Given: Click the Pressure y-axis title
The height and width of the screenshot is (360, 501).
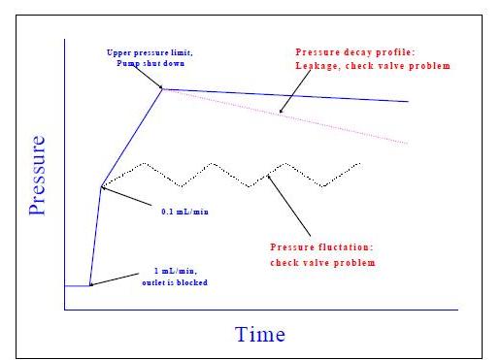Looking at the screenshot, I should (37, 175).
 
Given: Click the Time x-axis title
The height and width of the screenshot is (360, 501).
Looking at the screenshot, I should (260, 335).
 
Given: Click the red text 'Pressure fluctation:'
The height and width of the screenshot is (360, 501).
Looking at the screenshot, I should (316, 248).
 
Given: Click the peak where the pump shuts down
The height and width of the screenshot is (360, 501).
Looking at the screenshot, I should (163, 89).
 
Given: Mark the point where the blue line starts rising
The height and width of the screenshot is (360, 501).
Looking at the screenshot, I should (89, 286).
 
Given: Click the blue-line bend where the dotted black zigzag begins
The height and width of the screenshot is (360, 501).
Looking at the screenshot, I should (101, 185).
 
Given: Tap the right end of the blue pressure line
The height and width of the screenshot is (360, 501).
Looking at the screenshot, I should (409, 101).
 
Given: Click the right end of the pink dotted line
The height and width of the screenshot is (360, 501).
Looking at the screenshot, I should (409, 143).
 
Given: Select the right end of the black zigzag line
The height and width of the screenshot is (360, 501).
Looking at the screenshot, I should (361, 164).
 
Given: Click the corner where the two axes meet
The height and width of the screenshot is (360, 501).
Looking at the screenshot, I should (65, 310).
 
